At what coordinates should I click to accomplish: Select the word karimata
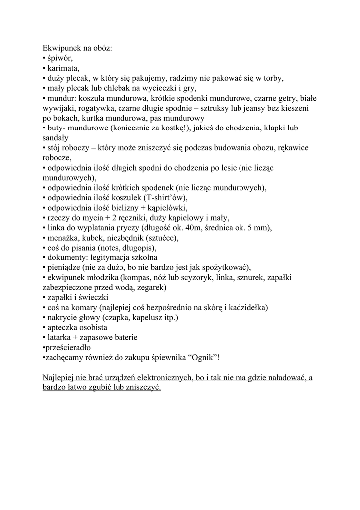tap(63, 68)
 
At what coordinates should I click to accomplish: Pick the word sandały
tap(55, 138)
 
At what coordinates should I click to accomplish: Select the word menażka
tap(62, 238)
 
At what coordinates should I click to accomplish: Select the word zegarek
tap(149, 287)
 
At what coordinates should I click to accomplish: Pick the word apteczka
tap(62, 327)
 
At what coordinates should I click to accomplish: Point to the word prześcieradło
tap(68, 347)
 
